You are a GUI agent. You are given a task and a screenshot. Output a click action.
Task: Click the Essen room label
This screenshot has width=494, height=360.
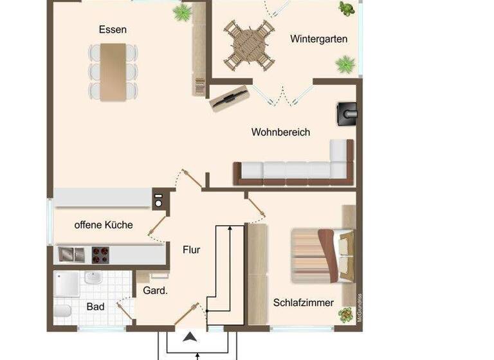[x=113, y=30]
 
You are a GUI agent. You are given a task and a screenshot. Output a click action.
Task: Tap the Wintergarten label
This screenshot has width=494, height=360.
[x=318, y=39]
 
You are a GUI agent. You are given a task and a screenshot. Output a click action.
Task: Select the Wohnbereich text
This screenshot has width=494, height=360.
[x=280, y=132]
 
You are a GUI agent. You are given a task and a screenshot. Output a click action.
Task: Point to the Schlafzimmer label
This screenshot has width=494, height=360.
[x=304, y=302]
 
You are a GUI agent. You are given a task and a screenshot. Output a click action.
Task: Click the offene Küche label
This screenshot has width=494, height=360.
[x=104, y=225]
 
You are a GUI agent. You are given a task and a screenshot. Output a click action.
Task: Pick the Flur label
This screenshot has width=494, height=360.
[x=191, y=249]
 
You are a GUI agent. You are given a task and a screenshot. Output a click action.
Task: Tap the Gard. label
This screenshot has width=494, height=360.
[x=155, y=291]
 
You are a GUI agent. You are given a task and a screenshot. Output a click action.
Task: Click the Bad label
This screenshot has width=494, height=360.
[x=95, y=307]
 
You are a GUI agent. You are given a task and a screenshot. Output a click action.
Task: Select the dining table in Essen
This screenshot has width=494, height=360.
[x=113, y=71]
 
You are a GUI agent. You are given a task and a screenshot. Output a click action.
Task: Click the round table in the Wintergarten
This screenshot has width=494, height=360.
[x=249, y=46]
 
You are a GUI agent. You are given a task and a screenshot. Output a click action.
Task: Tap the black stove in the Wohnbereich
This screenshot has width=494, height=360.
[x=347, y=113]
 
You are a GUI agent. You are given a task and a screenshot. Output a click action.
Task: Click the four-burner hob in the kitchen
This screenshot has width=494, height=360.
[x=100, y=255]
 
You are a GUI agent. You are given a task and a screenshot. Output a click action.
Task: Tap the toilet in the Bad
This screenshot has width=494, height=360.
[x=62, y=312]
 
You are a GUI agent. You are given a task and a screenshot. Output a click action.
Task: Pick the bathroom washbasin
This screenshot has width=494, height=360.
[x=93, y=278]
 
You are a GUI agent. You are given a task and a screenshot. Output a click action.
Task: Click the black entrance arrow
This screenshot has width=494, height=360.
[x=190, y=337]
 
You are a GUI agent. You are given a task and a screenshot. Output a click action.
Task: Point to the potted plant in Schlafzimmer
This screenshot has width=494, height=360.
[x=346, y=314]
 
